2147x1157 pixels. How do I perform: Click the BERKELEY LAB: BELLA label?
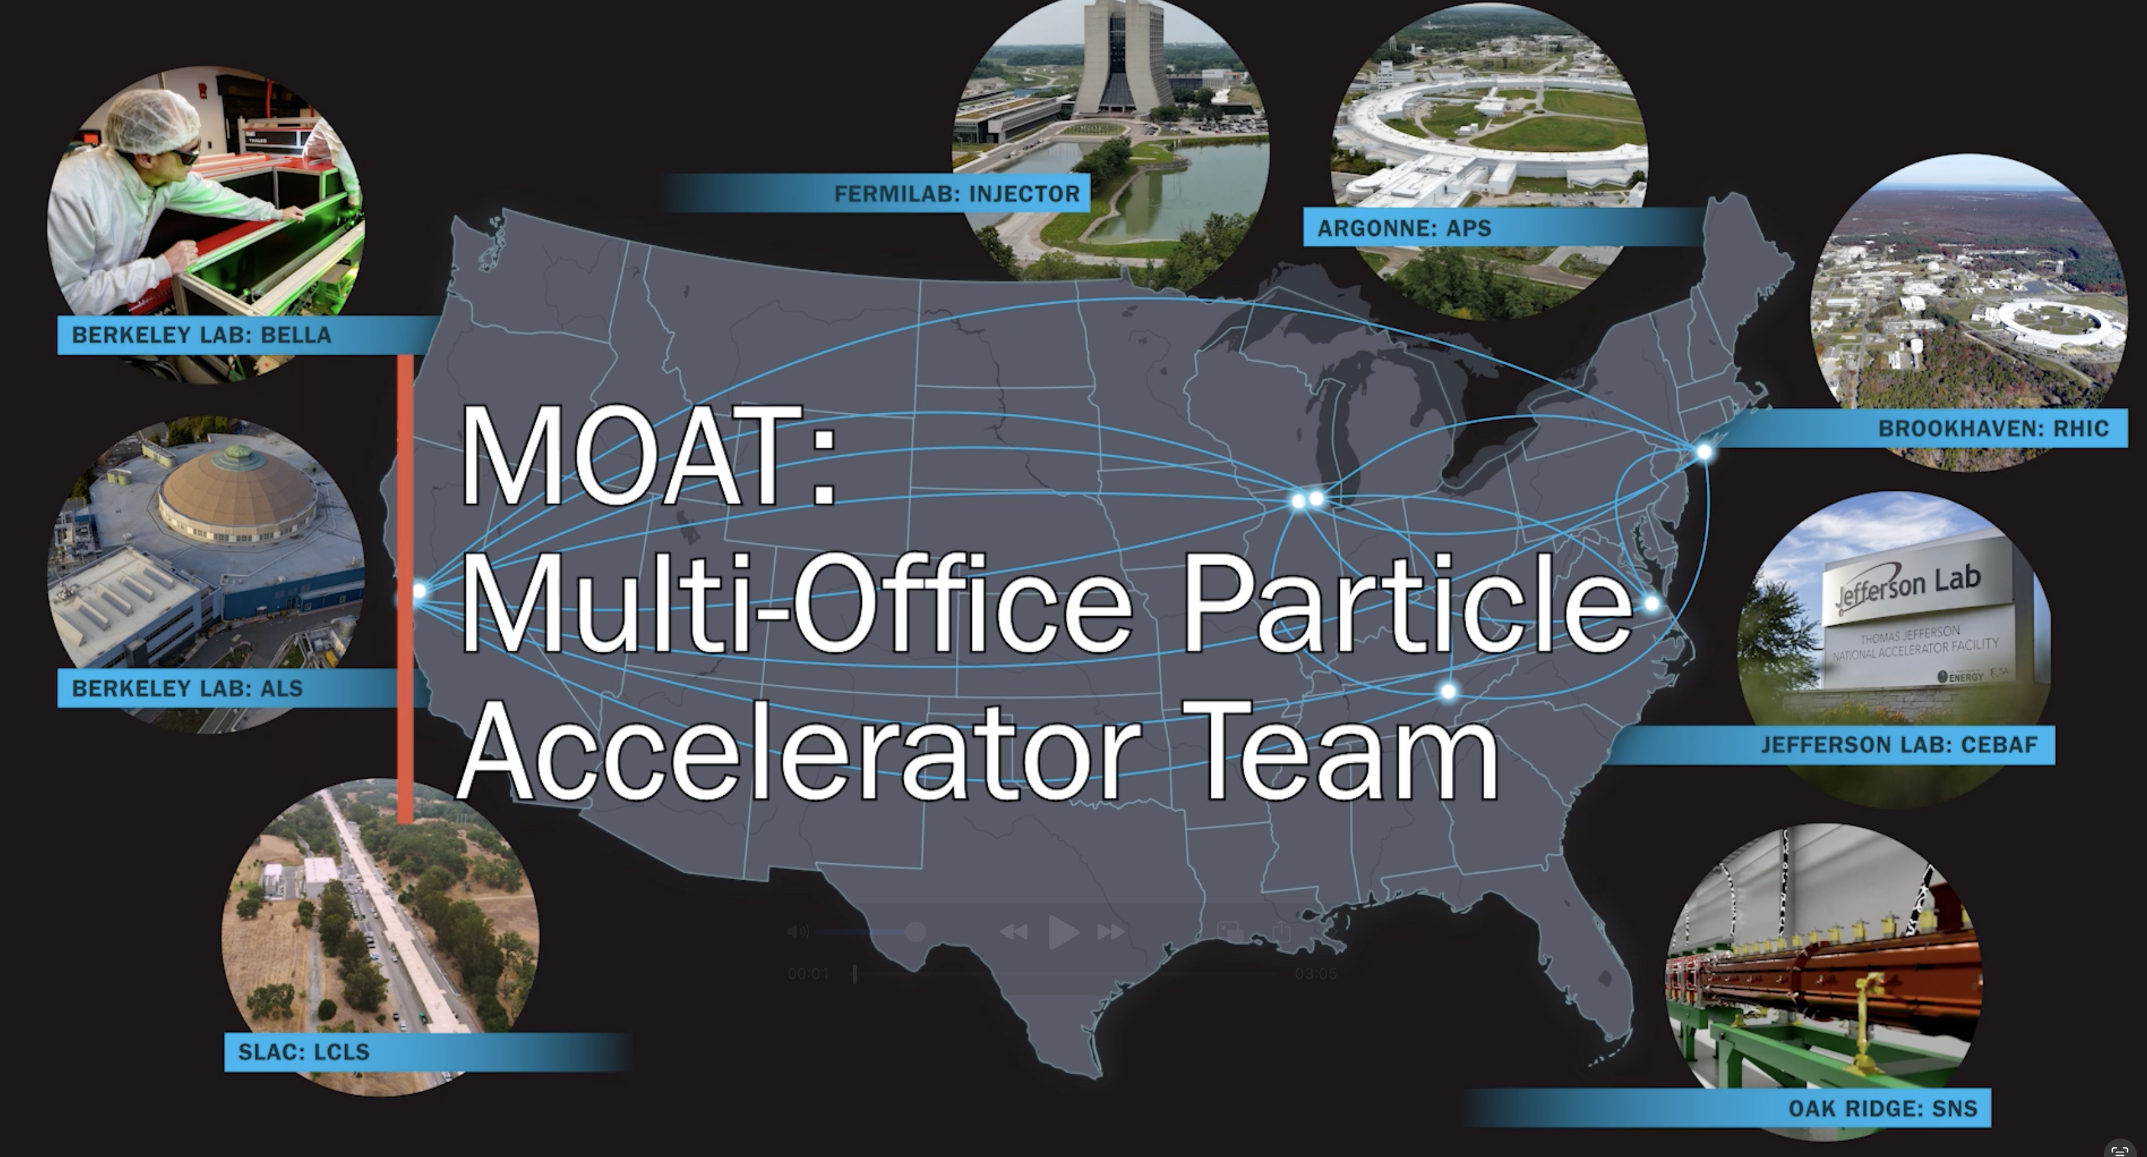pyautogui.click(x=201, y=335)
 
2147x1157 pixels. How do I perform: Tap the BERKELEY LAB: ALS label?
pyautogui.click(x=187, y=688)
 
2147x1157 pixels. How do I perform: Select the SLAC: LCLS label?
pyautogui.click(x=303, y=1052)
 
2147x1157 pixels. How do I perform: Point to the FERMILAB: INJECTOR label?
pyautogui.click(x=956, y=195)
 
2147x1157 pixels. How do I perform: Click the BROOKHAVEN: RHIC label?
pyautogui.click(x=1993, y=428)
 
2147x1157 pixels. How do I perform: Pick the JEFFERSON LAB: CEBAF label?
pyautogui.click(x=1898, y=744)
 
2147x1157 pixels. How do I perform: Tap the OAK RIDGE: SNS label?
pyautogui.click(x=1882, y=1109)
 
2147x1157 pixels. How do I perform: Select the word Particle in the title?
pyautogui.click(x=1407, y=605)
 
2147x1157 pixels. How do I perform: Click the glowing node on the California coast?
pyautogui.click(x=419, y=591)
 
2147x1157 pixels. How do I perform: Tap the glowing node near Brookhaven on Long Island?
pyautogui.click(x=1705, y=452)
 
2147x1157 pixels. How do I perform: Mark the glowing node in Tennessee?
pyautogui.click(x=1448, y=691)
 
